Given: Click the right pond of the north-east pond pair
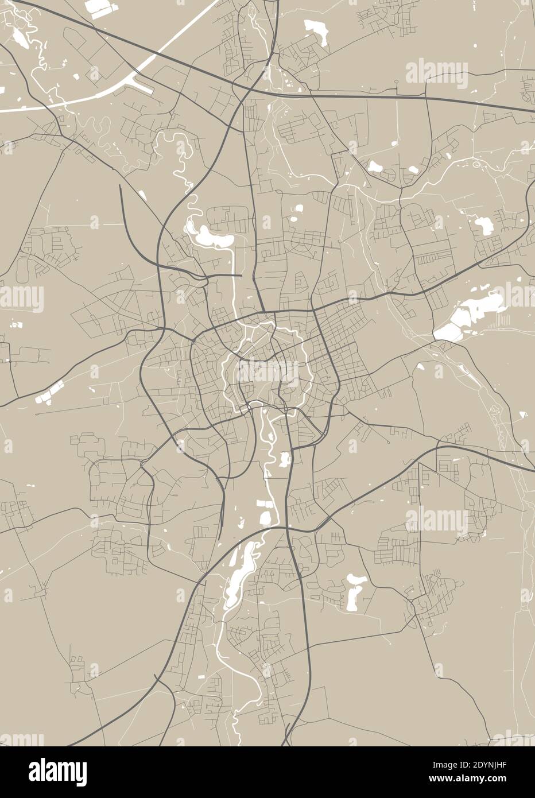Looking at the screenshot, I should [411, 169].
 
